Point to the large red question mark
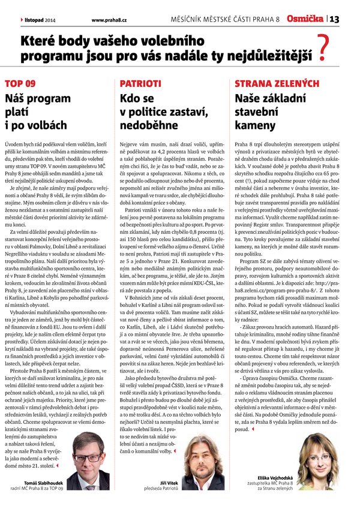click(325, 49)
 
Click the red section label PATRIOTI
click(141, 83)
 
